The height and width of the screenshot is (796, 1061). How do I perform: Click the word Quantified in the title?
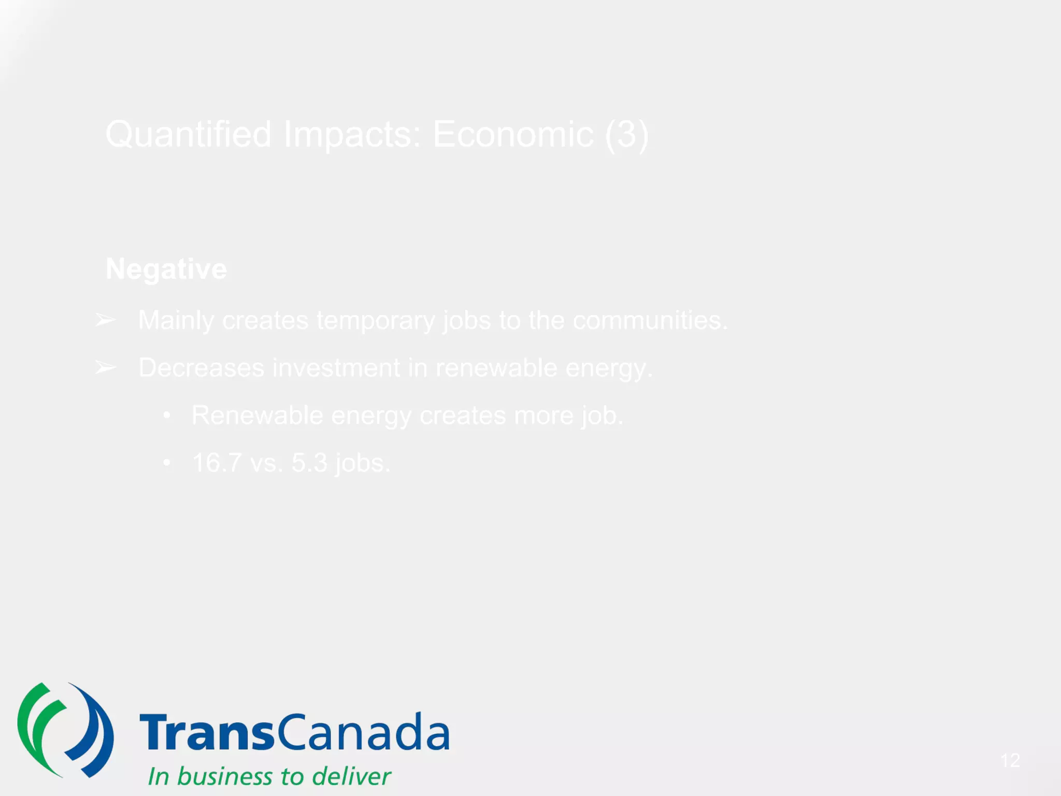[189, 135]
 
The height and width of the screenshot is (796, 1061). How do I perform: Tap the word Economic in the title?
[513, 135]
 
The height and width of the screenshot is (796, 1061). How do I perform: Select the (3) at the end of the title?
[627, 135]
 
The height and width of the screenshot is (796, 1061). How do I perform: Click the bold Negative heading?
[166, 269]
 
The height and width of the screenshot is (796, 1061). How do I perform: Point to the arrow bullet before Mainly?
[106, 320]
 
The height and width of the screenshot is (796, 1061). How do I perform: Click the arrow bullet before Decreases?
[106, 368]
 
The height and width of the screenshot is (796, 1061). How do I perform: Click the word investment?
[336, 368]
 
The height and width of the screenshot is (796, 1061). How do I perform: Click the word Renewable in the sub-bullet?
[257, 416]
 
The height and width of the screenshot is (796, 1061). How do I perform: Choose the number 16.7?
[217, 463]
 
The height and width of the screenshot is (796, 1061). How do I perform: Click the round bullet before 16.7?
[166, 462]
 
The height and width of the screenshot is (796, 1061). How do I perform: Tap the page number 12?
[1010, 760]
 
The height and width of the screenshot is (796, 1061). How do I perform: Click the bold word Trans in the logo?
[206, 732]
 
